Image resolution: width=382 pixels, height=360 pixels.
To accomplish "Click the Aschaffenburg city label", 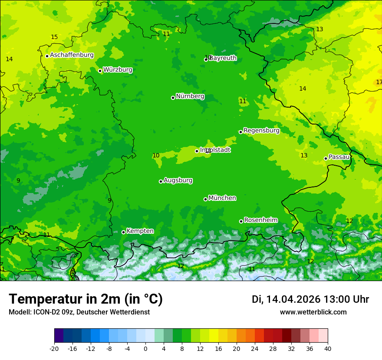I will pos(72,55).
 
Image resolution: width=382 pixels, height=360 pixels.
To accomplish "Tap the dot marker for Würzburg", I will pos(100,71).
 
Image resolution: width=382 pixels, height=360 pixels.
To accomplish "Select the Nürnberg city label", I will pos(190,96).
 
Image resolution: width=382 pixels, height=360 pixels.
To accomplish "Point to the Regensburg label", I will pos(261,130).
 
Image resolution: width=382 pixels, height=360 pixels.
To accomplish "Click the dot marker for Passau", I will pos(326,158).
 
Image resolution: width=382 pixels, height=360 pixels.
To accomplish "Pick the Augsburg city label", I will pos(178,180).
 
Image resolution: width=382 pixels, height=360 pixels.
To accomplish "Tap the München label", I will pos(222,198).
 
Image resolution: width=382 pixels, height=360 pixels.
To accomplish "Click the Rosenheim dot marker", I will pos(241,221).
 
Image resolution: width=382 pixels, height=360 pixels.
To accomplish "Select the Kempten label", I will pos(140,231).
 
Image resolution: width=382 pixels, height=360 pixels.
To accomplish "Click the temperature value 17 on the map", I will pos(379,82).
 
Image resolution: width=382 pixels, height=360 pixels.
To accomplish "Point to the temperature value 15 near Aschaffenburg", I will pos(54,37).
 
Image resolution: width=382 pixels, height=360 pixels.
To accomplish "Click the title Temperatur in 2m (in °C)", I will pos(86,299).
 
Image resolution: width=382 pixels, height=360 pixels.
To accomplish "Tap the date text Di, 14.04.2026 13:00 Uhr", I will pos(310,299).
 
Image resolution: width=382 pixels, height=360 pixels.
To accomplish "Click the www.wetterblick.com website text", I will pos(313,312).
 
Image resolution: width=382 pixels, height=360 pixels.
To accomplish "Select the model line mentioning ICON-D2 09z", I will pos(79,312).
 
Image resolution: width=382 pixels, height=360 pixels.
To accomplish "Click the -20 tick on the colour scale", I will pos(54,348).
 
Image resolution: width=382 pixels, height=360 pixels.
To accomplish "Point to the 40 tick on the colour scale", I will pos(328,348).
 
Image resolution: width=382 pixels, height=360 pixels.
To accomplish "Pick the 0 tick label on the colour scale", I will pos(145,348).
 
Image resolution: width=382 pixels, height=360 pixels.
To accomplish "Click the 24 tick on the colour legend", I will pos(255,348).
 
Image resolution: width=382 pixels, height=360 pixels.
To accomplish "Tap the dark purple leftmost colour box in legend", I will pos(59,336).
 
